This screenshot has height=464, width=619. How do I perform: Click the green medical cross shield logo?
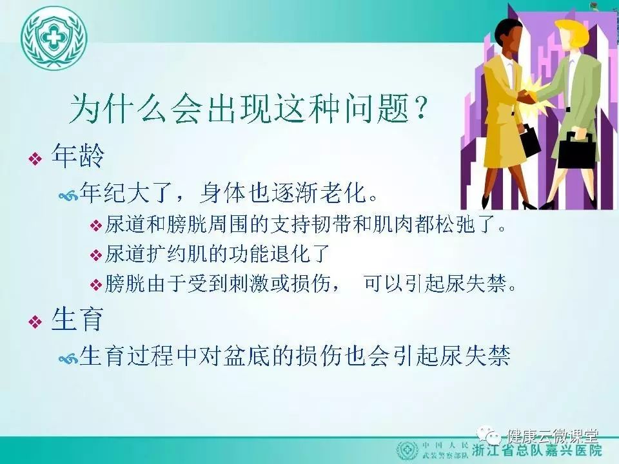[54, 39]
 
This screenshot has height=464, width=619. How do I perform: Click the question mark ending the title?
[420, 107]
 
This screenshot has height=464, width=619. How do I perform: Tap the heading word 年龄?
[78, 156]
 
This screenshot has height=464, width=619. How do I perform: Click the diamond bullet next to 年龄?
[35, 159]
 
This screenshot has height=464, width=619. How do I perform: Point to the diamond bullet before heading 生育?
[35, 322]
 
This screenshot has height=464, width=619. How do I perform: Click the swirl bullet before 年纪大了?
[68, 195]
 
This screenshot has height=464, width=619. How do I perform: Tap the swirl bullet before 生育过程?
[68, 358]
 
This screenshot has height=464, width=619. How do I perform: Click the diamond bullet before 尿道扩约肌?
[96, 255]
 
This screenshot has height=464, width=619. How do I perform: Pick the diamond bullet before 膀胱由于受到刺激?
[96, 284]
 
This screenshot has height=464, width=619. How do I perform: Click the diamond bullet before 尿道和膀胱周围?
[96, 226]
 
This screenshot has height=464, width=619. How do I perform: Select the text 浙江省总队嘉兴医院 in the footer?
[537, 450]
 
